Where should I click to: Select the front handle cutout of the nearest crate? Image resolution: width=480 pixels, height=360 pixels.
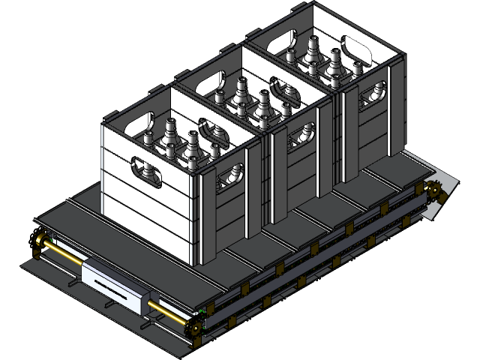click(x=147, y=171)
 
